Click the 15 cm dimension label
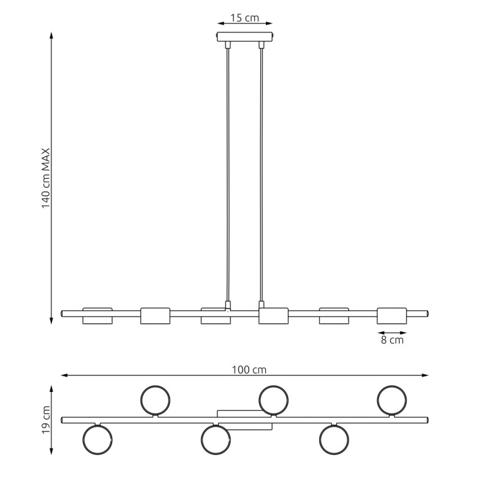(x=244, y=18)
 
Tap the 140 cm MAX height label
(x=46, y=178)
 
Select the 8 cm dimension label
(x=392, y=340)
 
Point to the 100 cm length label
(x=249, y=370)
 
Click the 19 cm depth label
(x=46, y=420)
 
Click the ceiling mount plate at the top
(x=245, y=37)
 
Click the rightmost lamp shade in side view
(x=392, y=315)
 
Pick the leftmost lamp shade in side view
(x=97, y=315)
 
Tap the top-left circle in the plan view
(x=156, y=386)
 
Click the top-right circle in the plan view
(x=392, y=386)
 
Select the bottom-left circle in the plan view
(x=97, y=454)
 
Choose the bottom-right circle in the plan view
(x=334, y=454)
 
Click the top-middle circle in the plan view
(x=273, y=386)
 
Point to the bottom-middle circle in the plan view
(x=216, y=454)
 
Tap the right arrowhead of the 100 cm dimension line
(x=425, y=375)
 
